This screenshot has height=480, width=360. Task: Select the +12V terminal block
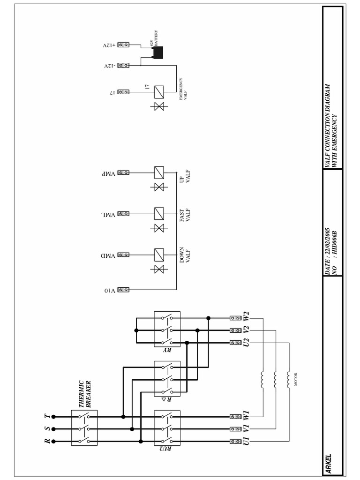[x=123, y=45]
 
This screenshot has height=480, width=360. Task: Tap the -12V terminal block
[x=123, y=66]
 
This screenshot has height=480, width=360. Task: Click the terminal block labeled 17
[x=123, y=92]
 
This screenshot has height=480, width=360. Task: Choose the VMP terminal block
[x=123, y=172]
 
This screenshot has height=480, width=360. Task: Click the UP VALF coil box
[x=159, y=172]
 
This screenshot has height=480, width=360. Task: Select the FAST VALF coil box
[x=159, y=214]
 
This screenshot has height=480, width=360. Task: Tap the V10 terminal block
[x=123, y=290]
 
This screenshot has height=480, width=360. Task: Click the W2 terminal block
[x=235, y=318]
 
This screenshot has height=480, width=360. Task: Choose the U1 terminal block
[x=235, y=441]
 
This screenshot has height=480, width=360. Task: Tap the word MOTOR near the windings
[x=296, y=379]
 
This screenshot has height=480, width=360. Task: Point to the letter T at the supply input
[x=46, y=416]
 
